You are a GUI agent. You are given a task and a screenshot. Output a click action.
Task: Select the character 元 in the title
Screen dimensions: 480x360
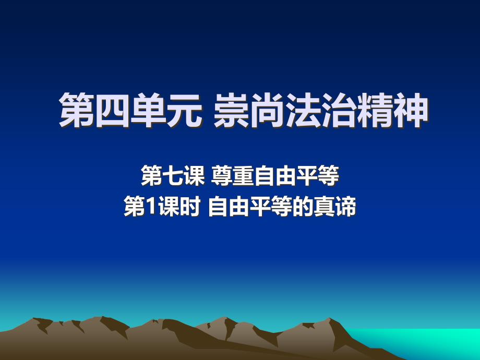(185, 110)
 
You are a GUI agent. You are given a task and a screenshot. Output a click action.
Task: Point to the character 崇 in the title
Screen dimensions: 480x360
(231, 110)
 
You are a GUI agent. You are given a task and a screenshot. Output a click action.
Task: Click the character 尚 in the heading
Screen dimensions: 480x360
(267, 110)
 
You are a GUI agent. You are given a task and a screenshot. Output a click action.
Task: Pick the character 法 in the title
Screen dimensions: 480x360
(303, 110)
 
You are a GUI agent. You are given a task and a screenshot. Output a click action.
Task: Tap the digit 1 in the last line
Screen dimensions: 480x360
(151, 207)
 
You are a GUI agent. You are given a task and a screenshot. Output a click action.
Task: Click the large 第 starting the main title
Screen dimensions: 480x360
(77, 110)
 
